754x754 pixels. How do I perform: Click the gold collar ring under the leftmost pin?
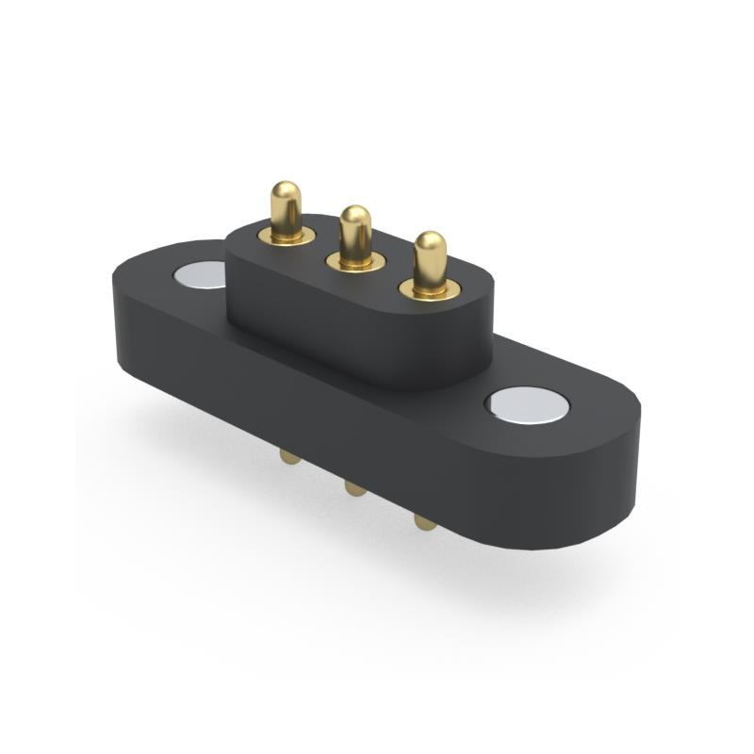287,236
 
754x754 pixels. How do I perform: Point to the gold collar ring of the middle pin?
355,262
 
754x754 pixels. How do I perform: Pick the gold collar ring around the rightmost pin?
430,289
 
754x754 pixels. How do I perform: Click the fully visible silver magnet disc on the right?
527,405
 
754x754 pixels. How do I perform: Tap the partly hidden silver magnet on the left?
201,274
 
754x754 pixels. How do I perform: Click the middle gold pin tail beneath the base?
354,487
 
